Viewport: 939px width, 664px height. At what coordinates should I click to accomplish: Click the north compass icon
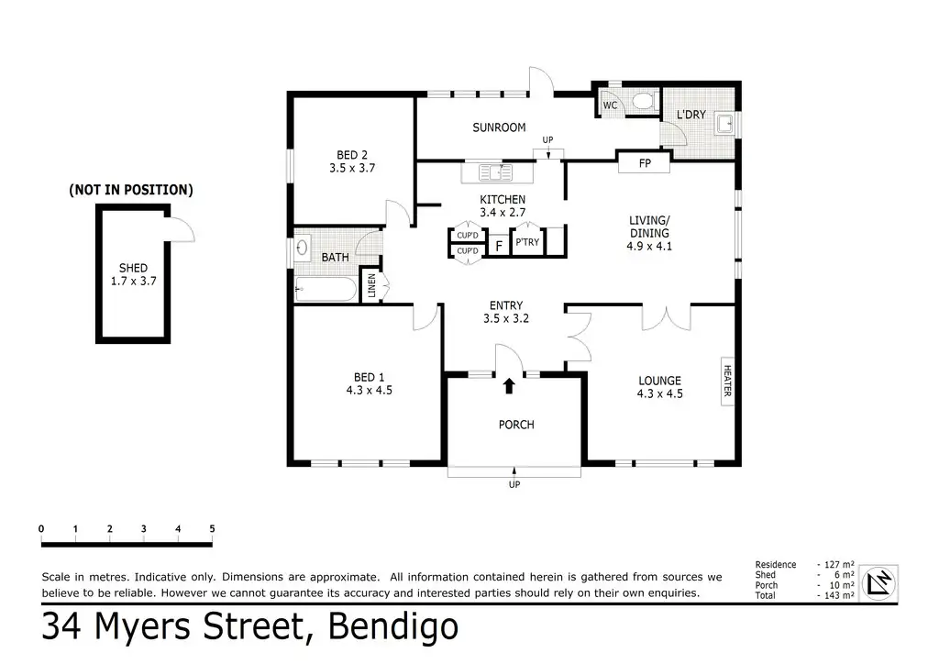coord(879,582)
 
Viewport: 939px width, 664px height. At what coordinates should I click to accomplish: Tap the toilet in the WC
coord(643,101)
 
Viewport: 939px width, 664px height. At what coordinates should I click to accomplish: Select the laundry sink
coord(724,123)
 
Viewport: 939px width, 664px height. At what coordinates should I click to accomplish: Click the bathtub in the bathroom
coord(326,289)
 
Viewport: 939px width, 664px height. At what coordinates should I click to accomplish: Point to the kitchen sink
coord(496,172)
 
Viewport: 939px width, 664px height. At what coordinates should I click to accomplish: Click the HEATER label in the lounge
coord(727,381)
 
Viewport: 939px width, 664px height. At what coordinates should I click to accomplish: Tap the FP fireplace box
coord(645,163)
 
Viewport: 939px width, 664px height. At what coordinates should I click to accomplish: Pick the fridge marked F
coord(498,246)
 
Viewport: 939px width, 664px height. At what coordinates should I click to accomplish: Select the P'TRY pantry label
coord(527,242)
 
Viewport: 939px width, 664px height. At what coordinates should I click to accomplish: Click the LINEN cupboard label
coord(371,285)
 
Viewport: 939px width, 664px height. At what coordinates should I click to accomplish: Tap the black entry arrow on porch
coord(509,385)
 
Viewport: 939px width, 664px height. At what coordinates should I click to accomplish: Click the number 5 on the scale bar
coord(212,528)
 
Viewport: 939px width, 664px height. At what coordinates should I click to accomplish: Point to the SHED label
coord(133,268)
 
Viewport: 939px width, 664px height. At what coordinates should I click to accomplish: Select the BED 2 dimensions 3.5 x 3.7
coord(352,168)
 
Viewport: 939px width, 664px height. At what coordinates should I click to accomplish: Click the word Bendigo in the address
coord(392,627)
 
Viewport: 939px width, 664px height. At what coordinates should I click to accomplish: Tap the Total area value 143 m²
coord(839,595)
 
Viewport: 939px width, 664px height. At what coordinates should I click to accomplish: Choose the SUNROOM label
coord(499,127)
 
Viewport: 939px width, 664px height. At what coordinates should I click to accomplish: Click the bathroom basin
coord(302,247)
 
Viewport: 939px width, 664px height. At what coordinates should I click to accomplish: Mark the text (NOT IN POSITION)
coord(131,190)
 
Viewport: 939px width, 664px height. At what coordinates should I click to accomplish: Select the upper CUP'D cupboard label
coord(467,236)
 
